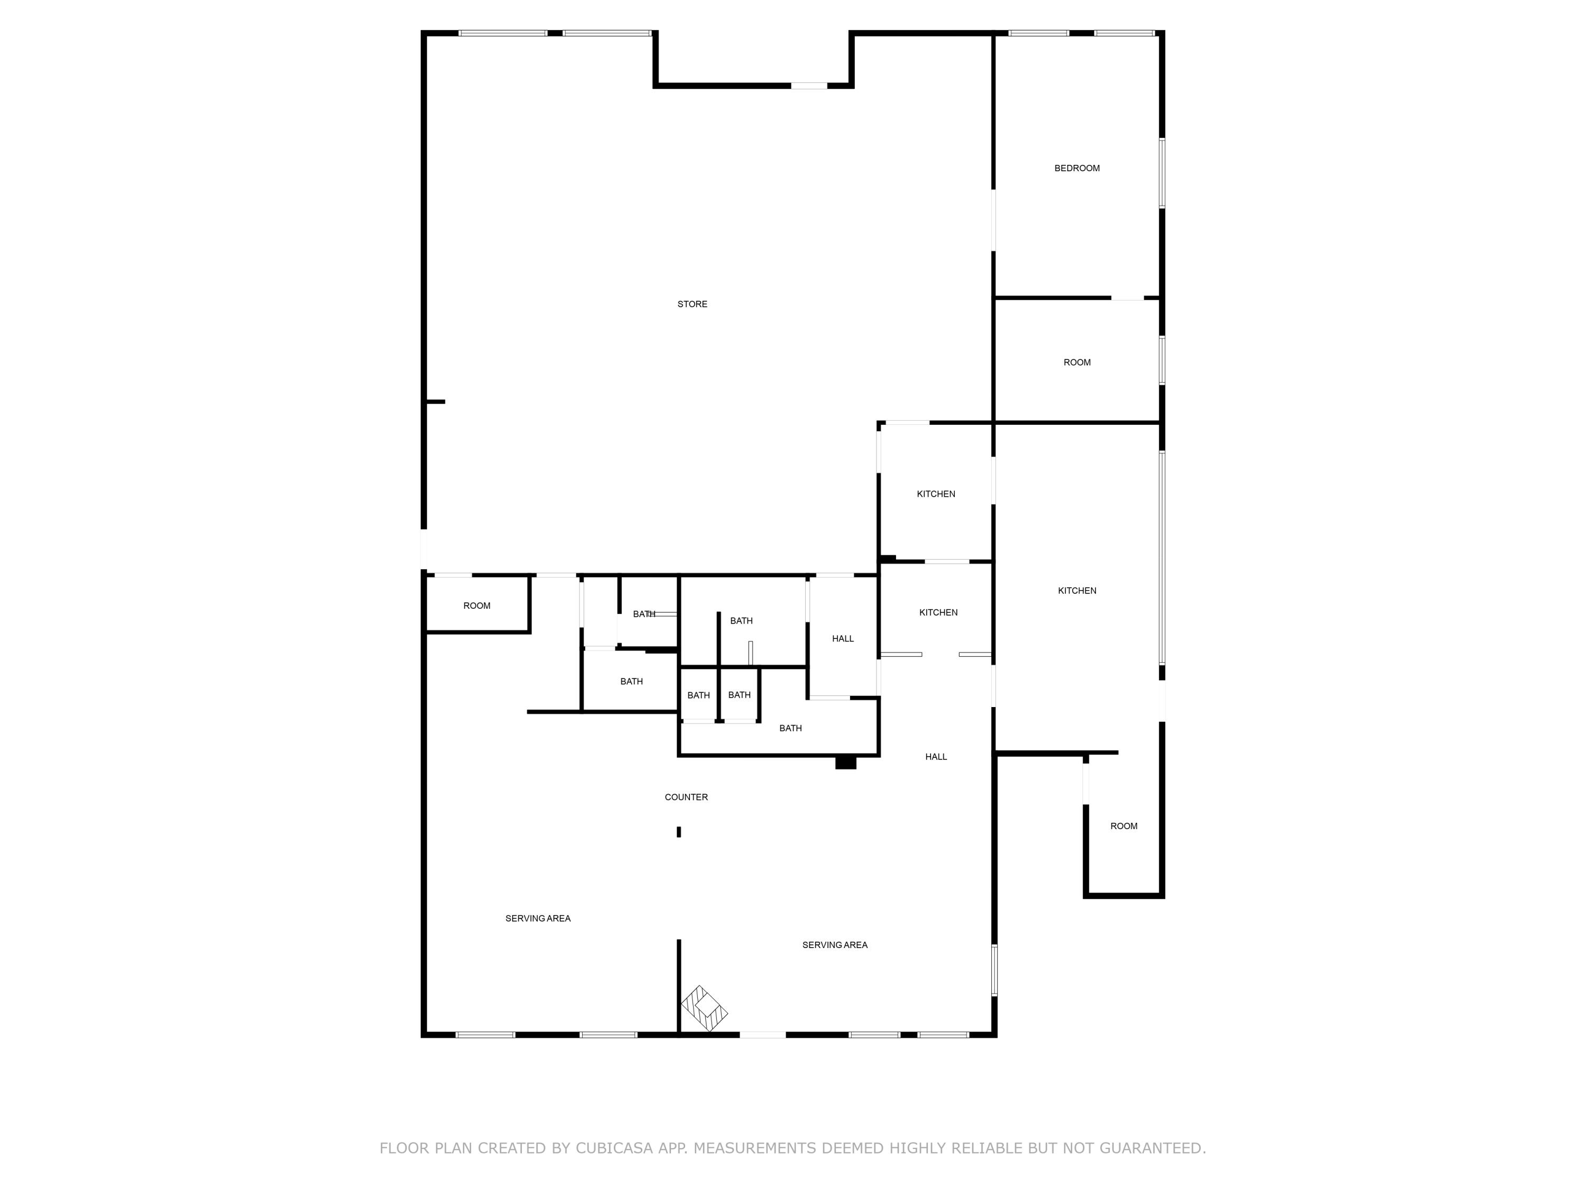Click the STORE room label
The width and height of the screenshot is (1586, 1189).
coord(692,304)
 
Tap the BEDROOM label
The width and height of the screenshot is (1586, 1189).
coord(1076,169)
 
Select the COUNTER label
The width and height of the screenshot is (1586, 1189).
coord(686,797)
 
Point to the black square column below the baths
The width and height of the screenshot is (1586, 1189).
coord(845,763)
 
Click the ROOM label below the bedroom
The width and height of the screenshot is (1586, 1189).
coord(1076,363)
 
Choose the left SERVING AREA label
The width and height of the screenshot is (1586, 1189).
coord(538,918)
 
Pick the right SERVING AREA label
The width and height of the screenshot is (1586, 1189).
coord(835,945)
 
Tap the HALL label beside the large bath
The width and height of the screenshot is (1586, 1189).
coord(843,638)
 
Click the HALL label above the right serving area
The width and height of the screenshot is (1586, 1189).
coord(936,757)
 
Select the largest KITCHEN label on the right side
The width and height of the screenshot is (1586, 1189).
coord(1076,591)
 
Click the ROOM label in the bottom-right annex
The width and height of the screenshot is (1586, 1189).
coord(1123,826)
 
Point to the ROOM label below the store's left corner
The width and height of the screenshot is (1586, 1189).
coord(477,606)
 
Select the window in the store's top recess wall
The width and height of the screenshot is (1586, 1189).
coord(809,86)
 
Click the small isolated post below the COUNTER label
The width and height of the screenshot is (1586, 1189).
coord(678,832)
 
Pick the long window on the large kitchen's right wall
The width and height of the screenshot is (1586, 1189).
coord(1161,559)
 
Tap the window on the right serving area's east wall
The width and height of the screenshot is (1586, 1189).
coord(994,970)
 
